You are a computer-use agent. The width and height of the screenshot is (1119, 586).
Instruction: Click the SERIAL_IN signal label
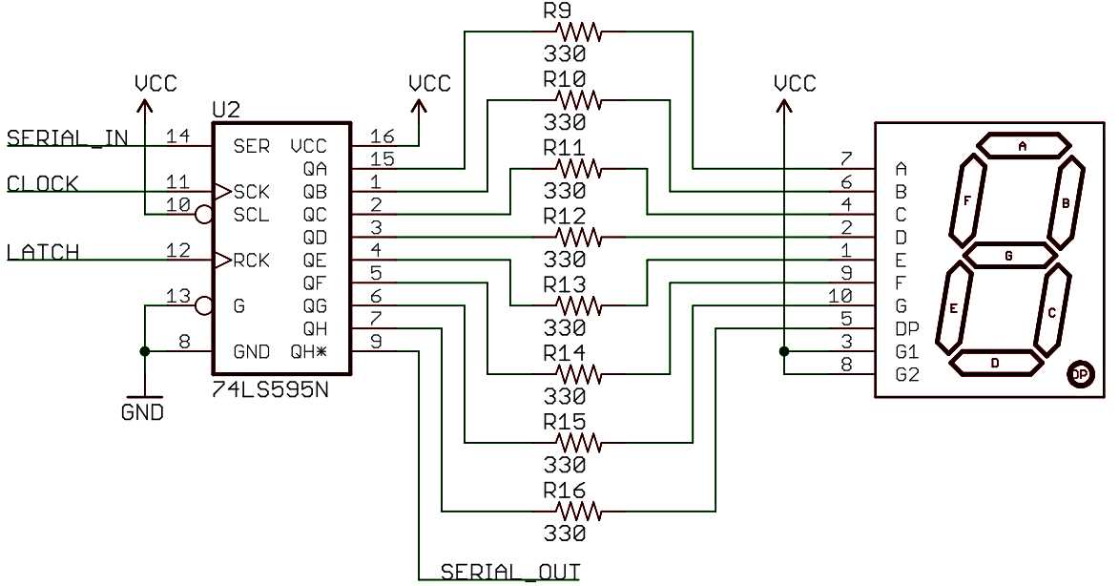tap(67, 137)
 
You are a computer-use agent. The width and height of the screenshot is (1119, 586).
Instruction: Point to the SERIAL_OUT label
tap(509, 572)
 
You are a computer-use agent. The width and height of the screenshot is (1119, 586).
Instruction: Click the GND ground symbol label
tap(142, 413)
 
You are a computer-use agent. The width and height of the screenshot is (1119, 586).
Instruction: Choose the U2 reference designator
tap(226, 110)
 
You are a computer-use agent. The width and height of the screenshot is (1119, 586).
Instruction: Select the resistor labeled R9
tap(578, 31)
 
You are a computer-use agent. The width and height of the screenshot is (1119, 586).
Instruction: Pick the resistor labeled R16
tap(578, 513)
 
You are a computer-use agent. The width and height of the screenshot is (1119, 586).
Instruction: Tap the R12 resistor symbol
tap(578, 237)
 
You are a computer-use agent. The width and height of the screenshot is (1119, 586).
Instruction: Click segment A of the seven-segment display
tap(1022, 146)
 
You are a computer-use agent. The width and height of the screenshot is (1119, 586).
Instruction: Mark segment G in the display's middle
tap(1009, 256)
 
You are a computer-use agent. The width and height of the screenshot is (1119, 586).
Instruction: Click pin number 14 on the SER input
tap(176, 137)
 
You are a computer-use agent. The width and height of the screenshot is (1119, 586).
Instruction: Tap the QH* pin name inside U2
tap(309, 351)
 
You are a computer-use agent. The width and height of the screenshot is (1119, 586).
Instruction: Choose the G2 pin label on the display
tap(907, 375)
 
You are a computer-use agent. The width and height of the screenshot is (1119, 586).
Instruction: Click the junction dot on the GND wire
tap(144, 351)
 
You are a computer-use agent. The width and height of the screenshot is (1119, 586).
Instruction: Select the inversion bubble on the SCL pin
tap(202, 215)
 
